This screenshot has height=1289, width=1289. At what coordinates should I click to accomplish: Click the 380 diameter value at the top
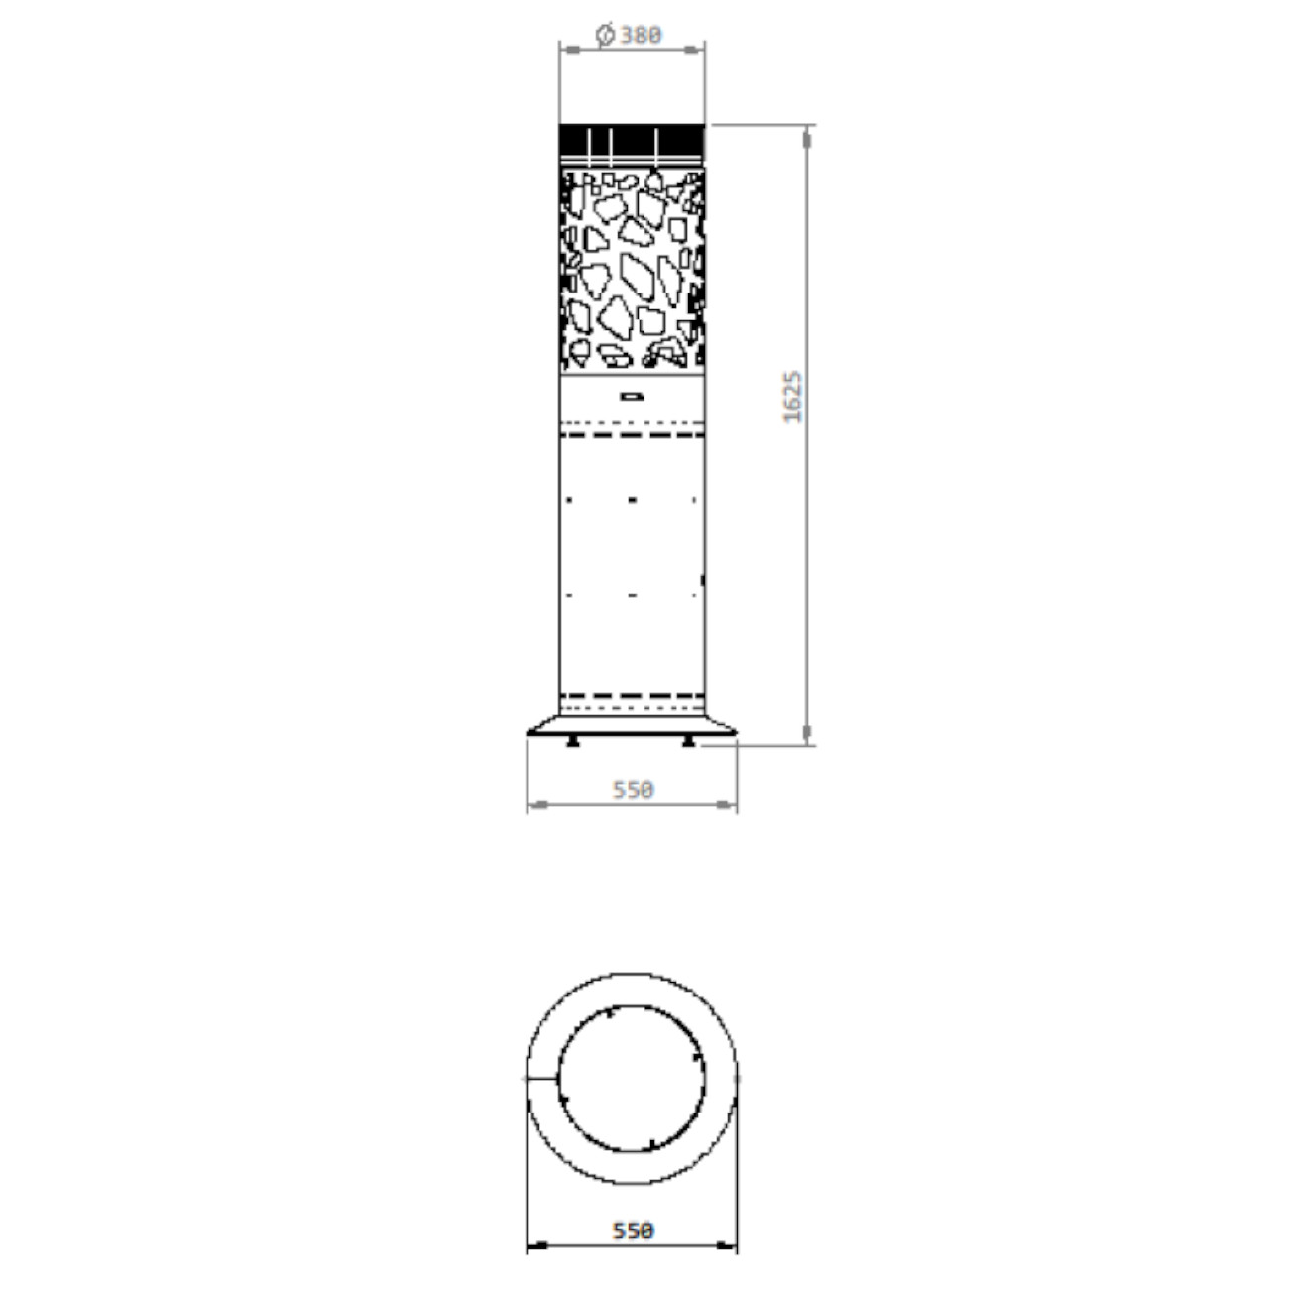641,34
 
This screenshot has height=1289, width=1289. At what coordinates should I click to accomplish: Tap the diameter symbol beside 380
605,34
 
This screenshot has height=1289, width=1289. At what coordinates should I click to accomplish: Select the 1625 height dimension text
792,397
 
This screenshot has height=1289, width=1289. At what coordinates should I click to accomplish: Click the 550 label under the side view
633,790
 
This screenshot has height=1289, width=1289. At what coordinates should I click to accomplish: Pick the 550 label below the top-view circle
633,1230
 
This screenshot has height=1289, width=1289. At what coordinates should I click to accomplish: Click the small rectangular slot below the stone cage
633,397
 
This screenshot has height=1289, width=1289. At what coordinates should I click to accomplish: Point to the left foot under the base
572,741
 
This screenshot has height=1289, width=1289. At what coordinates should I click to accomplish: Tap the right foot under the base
688,741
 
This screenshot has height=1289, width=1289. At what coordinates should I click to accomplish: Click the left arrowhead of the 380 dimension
569,50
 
